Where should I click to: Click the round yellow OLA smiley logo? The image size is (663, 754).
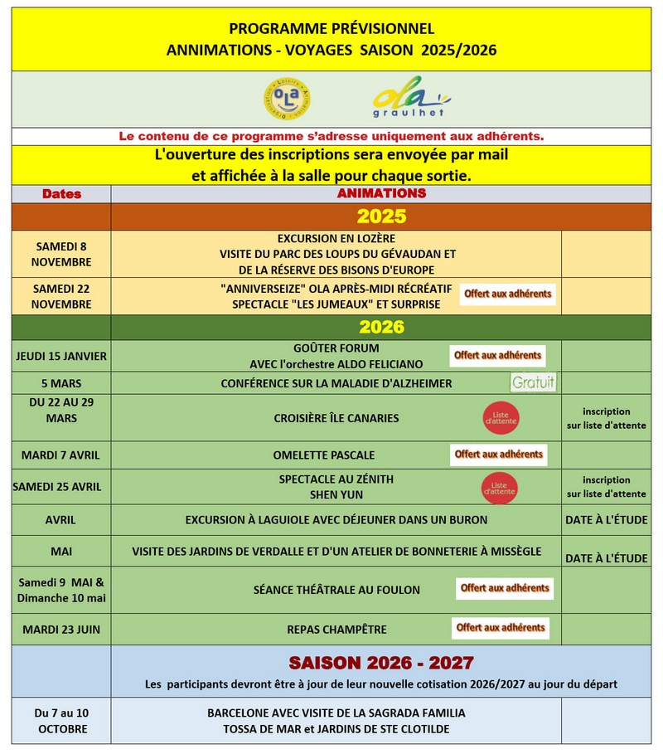coord(286,98)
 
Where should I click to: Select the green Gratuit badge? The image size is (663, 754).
coord(533,383)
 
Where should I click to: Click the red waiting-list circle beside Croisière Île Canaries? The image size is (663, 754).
coord(501,418)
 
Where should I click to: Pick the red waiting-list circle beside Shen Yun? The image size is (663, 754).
coord(500,487)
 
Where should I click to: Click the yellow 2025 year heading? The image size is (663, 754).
coord(381,216)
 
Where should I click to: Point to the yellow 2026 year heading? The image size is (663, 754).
coord(381,327)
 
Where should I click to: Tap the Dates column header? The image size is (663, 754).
coord(61,194)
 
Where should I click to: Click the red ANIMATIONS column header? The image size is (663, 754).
coord(381,193)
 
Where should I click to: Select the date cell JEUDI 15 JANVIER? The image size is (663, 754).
coord(61,356)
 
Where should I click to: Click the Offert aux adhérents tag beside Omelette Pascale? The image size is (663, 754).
coord(499,455)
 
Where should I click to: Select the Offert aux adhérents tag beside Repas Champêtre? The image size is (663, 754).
coord(501,628)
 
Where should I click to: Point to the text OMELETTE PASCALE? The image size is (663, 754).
coord(324,455)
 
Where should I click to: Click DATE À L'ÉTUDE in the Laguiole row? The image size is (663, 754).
coord(606,519)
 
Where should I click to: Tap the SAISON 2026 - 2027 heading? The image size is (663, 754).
coord(381,663)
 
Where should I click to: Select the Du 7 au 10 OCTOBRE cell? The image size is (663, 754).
coord(61,721)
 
